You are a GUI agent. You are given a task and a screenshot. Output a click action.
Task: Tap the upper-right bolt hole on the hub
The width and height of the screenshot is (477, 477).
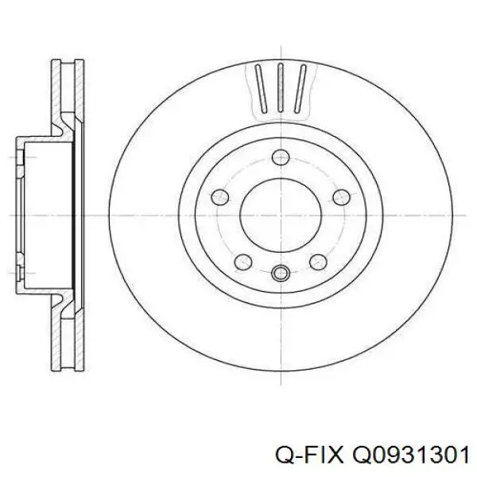pyautogui.click(x=339, y=196)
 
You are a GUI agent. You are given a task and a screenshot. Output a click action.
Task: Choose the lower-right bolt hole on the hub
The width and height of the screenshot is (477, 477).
pyautogui.click(x=316, y=260)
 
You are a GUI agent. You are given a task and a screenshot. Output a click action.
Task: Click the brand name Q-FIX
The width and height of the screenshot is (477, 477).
pyautogui.click(x=312, y=454)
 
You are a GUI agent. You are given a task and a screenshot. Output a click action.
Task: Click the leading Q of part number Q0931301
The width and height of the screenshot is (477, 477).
pyautogui.click(x=357, y=454)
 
